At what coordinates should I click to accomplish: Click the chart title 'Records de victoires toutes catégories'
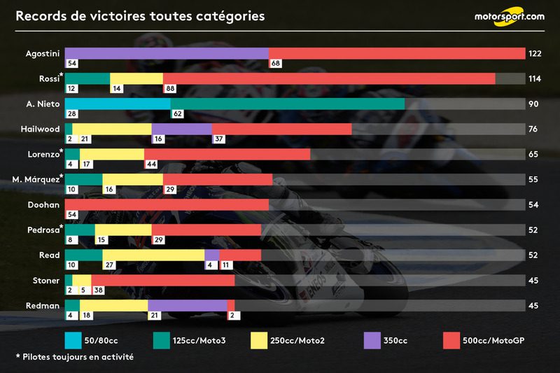(x=140, y=16)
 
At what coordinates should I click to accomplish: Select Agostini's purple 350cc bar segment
(x=167, y=53)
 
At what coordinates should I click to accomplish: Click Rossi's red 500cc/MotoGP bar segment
(x=329, y=78)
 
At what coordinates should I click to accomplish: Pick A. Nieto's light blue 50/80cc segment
(x=118, y=104)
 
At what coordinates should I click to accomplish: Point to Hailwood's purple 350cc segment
(x=181, y=129)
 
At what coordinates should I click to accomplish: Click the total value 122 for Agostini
(x=535, y=54)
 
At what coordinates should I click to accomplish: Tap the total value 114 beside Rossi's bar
(x=535, y=79)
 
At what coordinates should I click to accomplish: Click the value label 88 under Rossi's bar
(x=170, y=89)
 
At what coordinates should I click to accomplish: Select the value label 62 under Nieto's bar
(x=177, y=114)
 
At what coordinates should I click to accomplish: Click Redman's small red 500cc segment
(x=230, y=305)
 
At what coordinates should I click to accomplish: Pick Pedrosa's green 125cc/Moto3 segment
(x=80, y=230)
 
